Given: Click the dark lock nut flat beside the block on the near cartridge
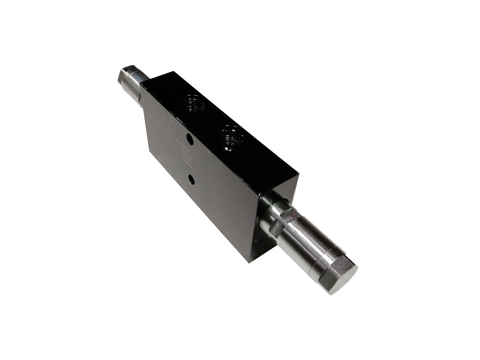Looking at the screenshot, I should click(284, 219).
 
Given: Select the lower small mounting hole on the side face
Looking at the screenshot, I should click(191, 179).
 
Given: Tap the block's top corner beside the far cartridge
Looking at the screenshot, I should click(174, 72).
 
